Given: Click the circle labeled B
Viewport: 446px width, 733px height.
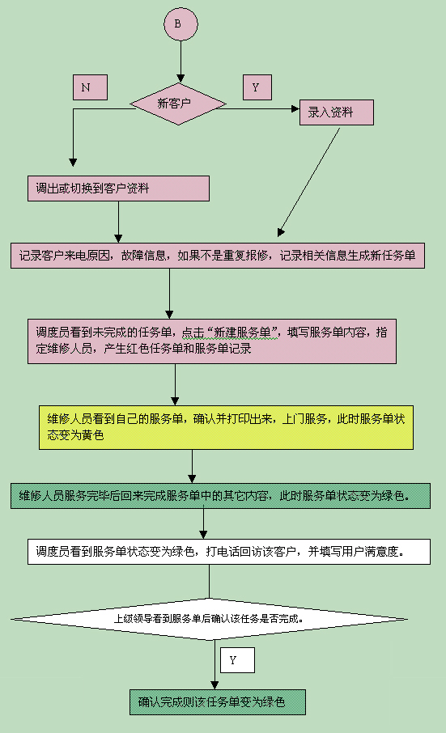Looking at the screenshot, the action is (x=181, y=23).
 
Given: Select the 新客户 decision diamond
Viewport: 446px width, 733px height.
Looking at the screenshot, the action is (x=178, y=104).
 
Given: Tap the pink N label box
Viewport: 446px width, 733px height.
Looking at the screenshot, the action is (x=90, y=87).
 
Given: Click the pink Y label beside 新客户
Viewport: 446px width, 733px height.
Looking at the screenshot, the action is (x=257, y=87).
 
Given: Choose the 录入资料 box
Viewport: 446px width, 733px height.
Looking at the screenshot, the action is (x=337, y=112).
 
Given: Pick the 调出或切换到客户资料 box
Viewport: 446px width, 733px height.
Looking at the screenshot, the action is (x=118, y=189).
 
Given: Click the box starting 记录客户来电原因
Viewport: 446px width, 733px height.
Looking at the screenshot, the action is (x=218, y=255).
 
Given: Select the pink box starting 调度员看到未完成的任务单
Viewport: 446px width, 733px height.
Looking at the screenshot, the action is (x=212, y=341).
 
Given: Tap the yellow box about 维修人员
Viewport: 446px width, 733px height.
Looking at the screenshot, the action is (x=227, y=427).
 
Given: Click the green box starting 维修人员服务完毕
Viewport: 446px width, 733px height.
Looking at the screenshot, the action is (x=221, y=496).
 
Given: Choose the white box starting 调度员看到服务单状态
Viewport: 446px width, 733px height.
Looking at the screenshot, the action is (x=229, y=552).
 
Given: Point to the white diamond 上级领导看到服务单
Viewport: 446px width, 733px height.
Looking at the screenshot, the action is (x=210, y=619).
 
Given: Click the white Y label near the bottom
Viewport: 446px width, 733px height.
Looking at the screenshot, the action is (x=237, y=660).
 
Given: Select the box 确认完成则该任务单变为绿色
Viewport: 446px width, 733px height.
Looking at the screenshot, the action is (x=218, y=702).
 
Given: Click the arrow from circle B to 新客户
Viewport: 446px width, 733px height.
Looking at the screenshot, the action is (x=181, y=61).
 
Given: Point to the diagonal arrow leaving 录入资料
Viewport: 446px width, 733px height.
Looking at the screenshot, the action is (x=308, y=182).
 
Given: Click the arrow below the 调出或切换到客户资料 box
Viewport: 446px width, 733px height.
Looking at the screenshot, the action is (x=118, y=222).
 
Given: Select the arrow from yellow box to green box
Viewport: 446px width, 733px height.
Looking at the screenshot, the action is (x=192, y=467).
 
